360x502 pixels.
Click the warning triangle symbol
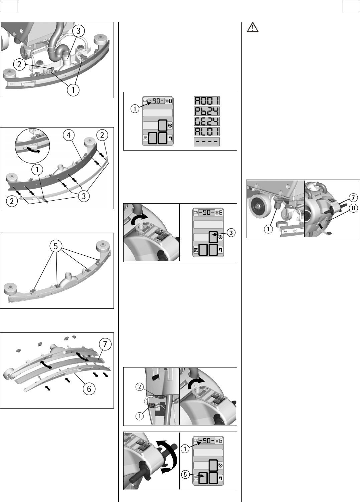coord(252,27)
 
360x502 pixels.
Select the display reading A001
coord(207,101)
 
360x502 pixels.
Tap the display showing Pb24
coord(207,111)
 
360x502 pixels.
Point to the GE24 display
coord(207,121)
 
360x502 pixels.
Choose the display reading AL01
coord(207,132)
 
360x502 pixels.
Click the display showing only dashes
coord(207,142)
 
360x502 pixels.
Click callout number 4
coord(68,135)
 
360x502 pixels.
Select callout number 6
coord(89,389)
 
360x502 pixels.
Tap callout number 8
coord(353,208)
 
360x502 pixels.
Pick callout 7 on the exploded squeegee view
coord(105,344)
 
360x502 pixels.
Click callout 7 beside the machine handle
coord(353,198)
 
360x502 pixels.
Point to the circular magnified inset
coord(32,146)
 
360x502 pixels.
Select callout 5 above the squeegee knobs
coord(55,246)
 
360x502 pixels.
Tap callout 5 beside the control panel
coord(185,474)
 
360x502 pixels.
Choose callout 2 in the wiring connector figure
coord(140,387)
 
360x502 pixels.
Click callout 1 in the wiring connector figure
coord(140,417)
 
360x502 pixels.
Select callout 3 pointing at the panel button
coord(231,233)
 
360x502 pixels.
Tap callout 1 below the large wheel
coord(268,229)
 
